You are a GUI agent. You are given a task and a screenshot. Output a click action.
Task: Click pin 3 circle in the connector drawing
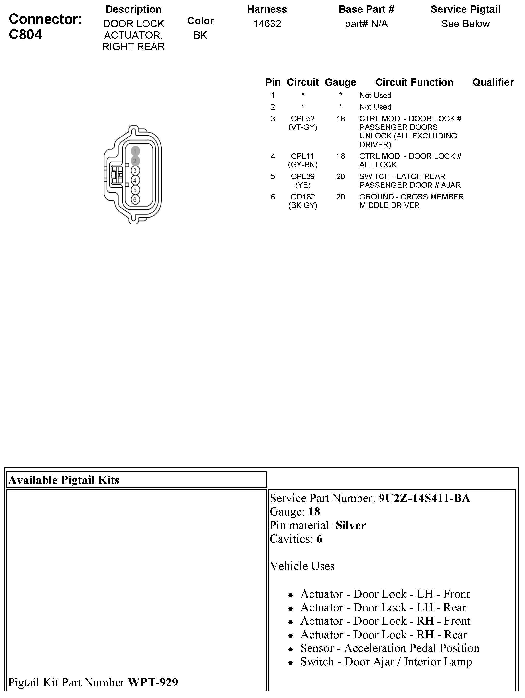[x=135, y=171]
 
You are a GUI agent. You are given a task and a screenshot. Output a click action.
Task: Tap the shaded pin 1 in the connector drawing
[x=135, y=151]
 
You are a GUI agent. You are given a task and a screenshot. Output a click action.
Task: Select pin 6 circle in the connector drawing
[x=135, y=200]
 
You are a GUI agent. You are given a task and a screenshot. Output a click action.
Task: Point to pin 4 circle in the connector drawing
[x=135, y=180]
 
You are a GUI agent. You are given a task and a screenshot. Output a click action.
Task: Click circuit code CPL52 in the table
[x=303, y=119]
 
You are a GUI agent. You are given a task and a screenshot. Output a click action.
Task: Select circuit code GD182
[x=303, y=197]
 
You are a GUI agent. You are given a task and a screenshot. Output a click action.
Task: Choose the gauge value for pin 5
[x=341, y=176]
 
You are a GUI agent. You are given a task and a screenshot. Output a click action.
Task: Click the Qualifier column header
[x=492, y=82]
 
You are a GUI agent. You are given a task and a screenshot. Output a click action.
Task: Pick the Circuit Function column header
[x=414, y=82]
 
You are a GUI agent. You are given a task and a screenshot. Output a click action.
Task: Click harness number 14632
[x=267, y=24]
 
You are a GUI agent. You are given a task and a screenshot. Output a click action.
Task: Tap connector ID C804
[x=25, y=34]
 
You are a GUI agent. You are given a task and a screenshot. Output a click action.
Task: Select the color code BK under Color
[x=200, y=35]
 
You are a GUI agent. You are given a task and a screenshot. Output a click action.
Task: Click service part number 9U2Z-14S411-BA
[x=424, y=498]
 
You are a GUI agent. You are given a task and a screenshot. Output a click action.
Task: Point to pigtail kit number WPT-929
[x=153, y=682]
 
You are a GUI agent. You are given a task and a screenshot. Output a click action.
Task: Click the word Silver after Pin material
[x=351, y=525]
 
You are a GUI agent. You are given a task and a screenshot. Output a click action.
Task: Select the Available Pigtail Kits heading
[x=64, y=480]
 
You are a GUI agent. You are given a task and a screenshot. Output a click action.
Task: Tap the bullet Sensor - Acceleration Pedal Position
[x=390, y=648]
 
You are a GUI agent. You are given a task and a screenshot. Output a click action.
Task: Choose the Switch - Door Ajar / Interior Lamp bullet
[x=386, y=662]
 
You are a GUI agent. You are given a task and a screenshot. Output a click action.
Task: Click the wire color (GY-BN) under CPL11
[x=303, y=165]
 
